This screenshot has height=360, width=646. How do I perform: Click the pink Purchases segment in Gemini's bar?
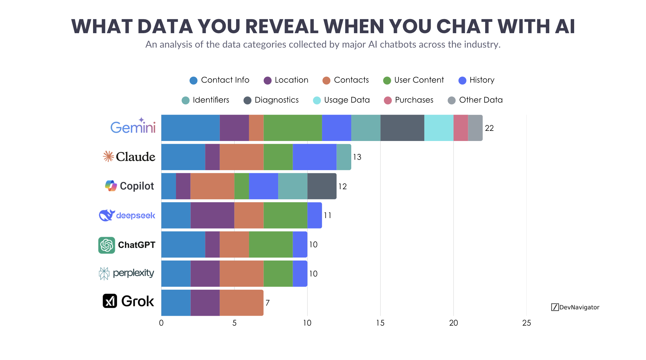point(461,128)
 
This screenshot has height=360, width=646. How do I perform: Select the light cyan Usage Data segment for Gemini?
point(439,128)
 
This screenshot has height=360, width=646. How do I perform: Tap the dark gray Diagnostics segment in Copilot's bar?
point(322,186)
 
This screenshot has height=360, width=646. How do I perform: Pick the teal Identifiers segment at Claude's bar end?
point(344,157)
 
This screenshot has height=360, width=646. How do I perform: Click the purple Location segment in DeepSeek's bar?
point(212,215)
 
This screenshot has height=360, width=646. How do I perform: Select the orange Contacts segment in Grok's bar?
point(241,303)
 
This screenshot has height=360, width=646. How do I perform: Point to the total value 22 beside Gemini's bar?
point(489,128)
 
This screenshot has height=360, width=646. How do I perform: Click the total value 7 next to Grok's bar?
point(267,303)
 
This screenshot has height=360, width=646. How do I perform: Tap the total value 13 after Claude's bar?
point(357,157)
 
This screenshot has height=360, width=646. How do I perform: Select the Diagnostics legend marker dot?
point(247,100)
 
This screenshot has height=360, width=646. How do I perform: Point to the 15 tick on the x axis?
point(380,323)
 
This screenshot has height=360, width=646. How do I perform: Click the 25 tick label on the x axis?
point(526,323)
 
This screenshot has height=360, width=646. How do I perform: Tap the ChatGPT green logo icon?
point(107,245)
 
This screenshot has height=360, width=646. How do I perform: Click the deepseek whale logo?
point(107,215)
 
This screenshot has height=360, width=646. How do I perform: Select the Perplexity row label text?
point(133,273)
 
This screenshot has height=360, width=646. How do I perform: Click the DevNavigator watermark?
point(575,307)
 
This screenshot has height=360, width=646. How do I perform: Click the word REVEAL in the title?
point(282,26)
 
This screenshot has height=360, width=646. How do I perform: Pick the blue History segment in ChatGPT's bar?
point(300,245)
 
